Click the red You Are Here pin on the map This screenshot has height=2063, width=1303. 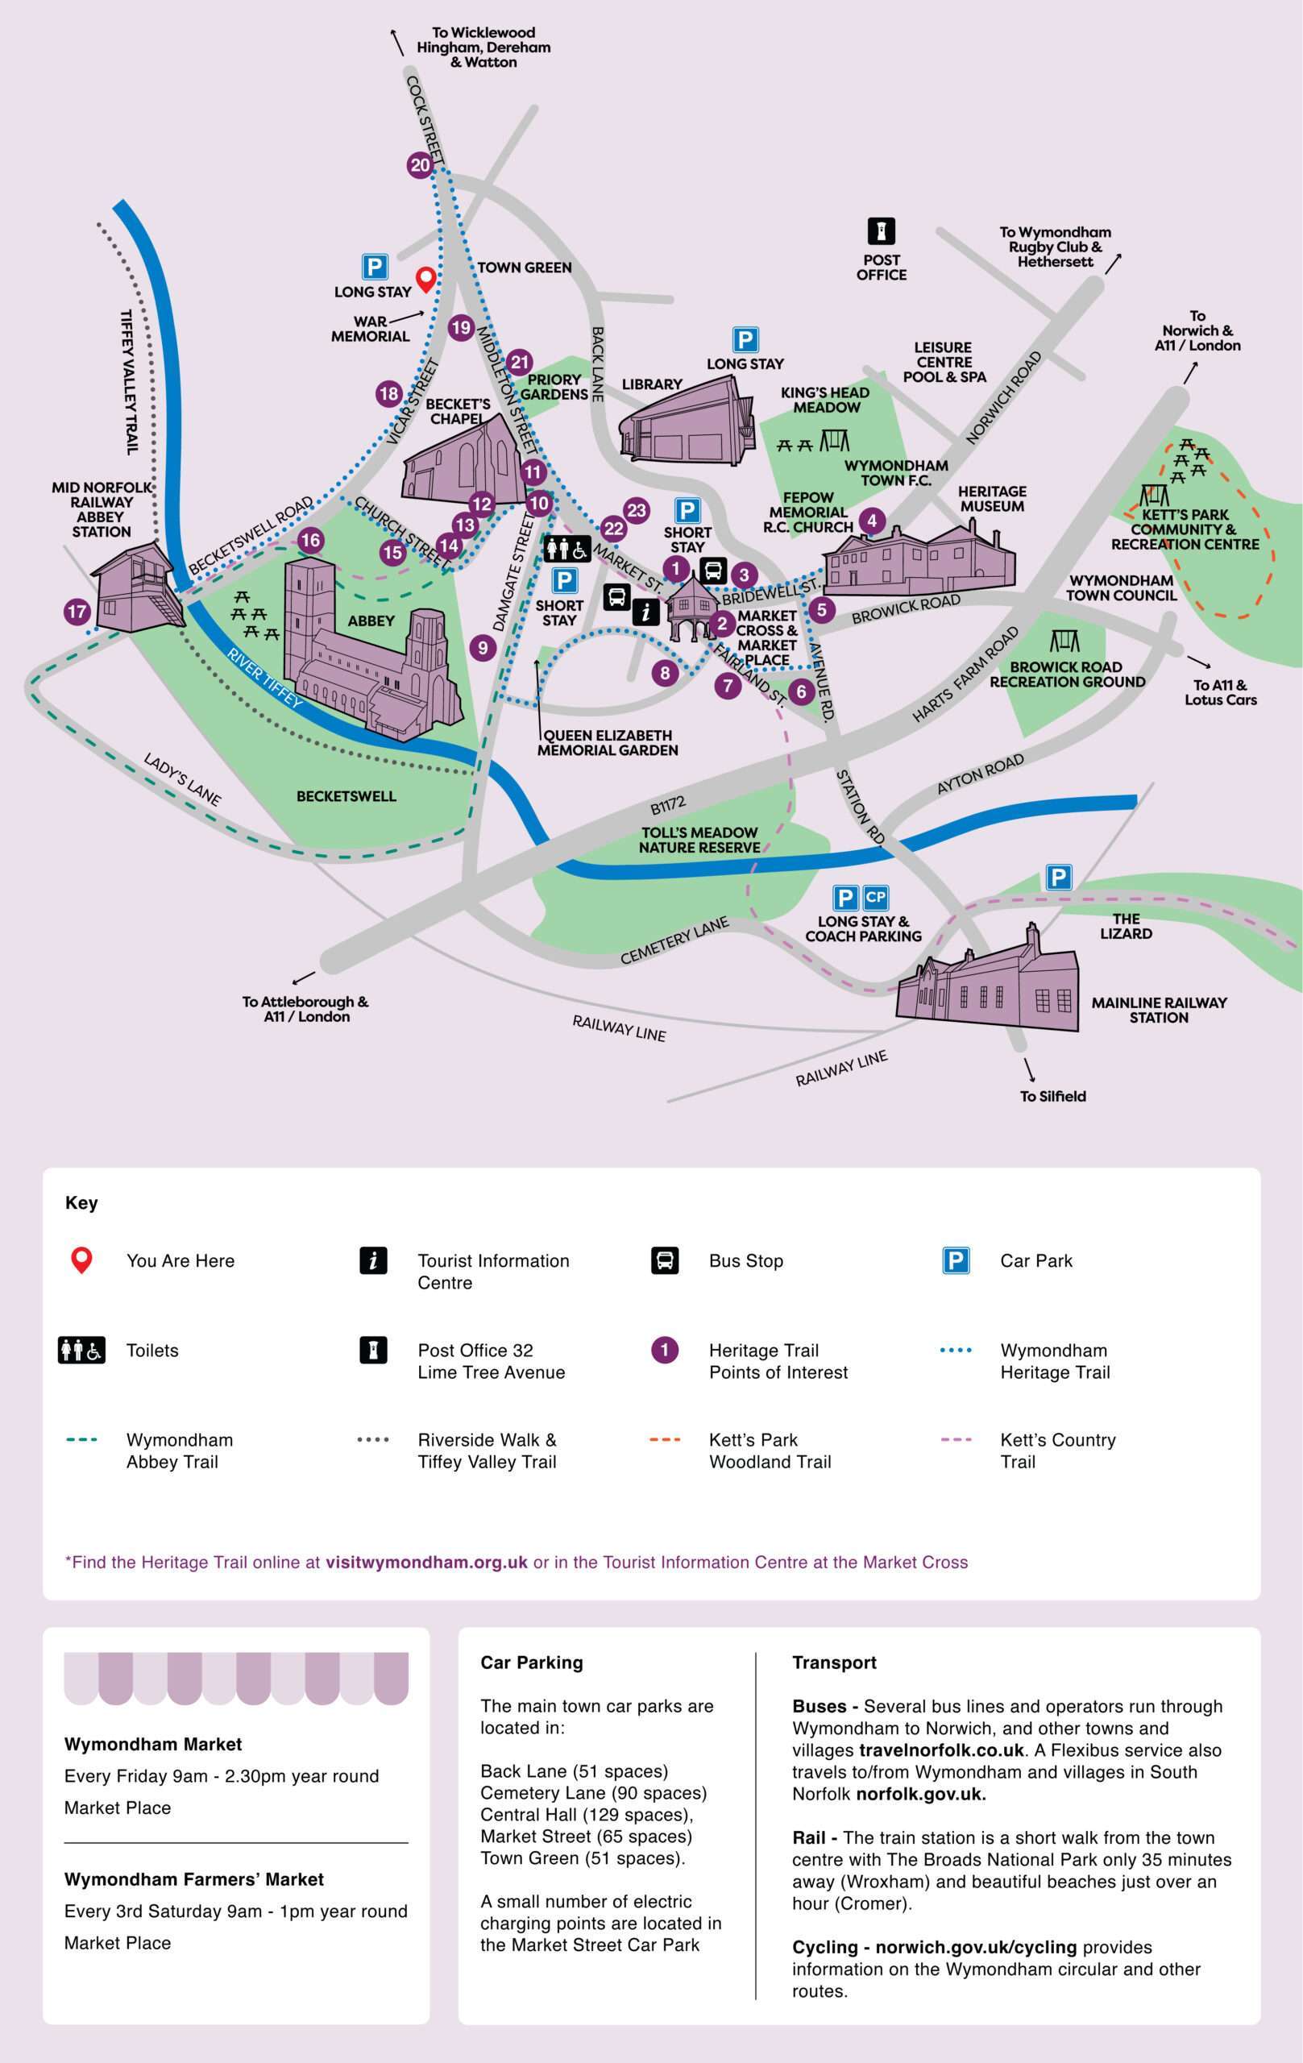tap(425, 279)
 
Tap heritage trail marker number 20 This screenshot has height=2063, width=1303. tap(420, 165)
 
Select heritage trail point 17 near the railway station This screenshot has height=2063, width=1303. tap(77, 611)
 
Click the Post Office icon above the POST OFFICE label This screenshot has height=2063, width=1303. tap(881, 231)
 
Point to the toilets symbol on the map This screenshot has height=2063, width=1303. tap(566, 548)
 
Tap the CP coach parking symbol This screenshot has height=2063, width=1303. tap(876, 897)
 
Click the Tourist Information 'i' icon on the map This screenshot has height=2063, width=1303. tap(645, 611)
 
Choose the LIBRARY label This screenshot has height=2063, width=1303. tap(652, 384)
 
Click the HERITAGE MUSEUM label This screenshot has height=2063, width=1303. tap(992, 499)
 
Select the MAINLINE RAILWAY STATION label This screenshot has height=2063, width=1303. tap(1158, 1010)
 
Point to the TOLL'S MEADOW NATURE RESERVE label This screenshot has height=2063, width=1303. tap(699, 840)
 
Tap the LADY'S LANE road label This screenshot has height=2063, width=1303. tap(181, 778)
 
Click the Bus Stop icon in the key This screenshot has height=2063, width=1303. tap(665, 1260)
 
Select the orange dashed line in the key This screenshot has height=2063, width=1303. tap(665, 1439)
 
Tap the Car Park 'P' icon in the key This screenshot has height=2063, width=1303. tap(955, 1260)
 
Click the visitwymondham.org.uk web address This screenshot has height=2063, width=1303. tap(425, 1562)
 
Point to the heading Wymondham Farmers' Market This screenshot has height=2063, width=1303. tap(193, 1878)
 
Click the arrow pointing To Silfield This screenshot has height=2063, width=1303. tap(1029, 1070)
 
